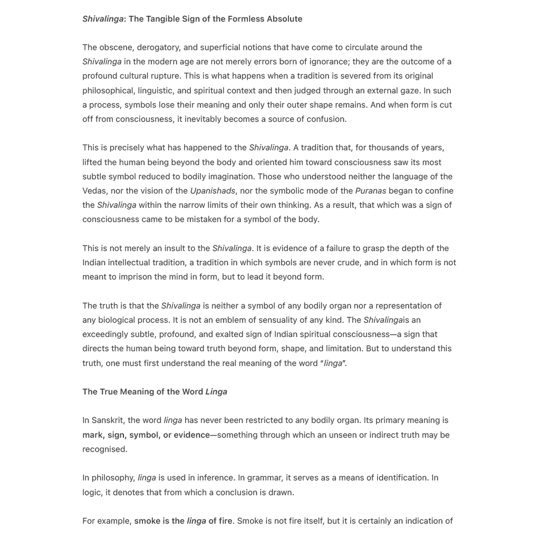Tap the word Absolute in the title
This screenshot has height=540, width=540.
tap(284, 19)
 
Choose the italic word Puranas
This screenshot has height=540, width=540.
tap(371, 191)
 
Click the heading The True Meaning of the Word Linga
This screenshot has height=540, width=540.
tap(155, 392)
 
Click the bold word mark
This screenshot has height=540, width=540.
tap(93, 435)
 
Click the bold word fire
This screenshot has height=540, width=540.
tap(225, 521)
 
